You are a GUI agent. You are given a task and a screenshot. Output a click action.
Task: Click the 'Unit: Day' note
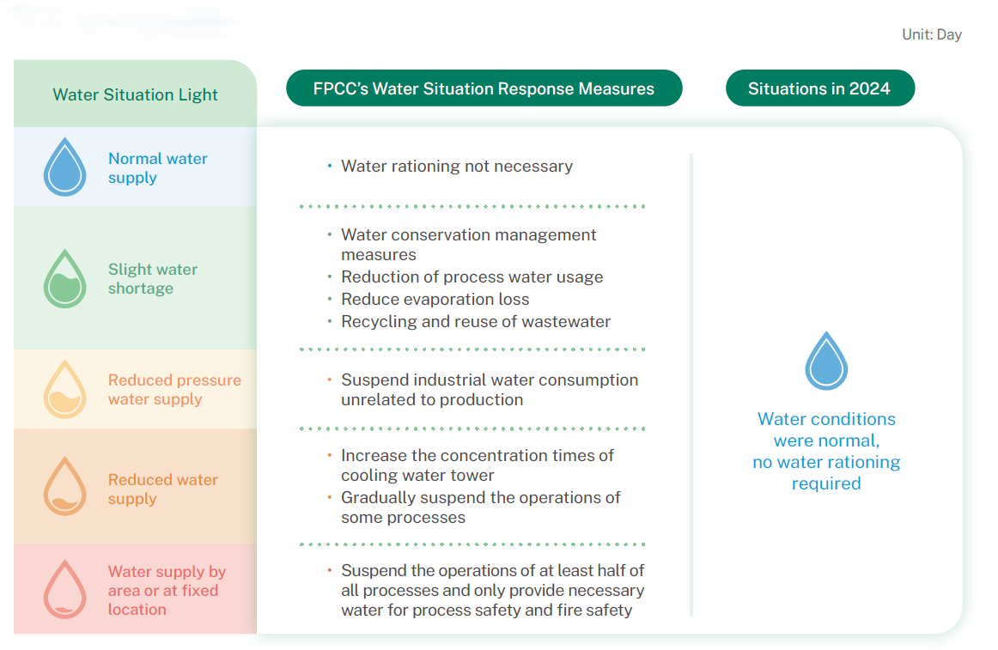931,35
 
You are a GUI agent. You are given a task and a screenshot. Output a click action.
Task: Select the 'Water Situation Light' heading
135,94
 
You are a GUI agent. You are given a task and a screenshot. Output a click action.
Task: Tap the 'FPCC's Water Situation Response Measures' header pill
484,88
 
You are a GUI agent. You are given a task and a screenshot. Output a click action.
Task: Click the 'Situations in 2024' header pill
819,88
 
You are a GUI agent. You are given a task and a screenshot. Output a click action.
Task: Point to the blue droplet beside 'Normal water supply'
64,168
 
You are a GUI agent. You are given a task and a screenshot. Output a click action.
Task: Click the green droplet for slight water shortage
64,279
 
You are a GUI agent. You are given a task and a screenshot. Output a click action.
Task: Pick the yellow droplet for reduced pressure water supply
64,390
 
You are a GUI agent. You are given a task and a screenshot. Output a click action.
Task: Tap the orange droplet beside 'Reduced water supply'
64,487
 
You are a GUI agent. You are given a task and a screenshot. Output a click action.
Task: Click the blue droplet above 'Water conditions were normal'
825,361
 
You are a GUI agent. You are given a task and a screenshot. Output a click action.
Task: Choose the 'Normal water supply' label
157,168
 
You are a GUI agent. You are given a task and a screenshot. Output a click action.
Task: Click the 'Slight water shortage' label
152,279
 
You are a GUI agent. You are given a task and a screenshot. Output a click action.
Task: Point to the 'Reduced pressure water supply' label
174,390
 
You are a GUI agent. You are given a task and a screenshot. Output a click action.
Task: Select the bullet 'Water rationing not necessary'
456,166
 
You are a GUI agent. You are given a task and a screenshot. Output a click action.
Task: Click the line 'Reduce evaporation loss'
435,299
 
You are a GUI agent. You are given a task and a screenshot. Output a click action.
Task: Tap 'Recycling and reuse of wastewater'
476,321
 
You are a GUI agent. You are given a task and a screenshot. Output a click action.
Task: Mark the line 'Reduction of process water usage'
472,276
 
